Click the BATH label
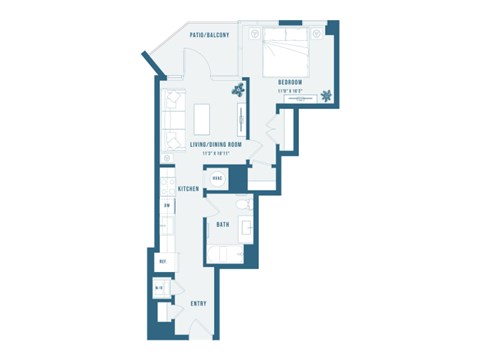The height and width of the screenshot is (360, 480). click(x=224, y=225)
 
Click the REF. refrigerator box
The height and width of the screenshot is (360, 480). click(x=163, y=262)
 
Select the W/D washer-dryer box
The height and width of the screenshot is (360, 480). click(x=160, y=290)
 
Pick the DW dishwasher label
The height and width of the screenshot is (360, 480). click(x=167, y=206)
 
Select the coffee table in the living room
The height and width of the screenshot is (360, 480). click(x=203, y=117)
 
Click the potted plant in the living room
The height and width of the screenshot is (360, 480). click(x=238, y=90)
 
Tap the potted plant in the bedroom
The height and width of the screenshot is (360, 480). click(x=327, y=97)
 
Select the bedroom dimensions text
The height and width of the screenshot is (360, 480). click(x=290, y=91)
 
